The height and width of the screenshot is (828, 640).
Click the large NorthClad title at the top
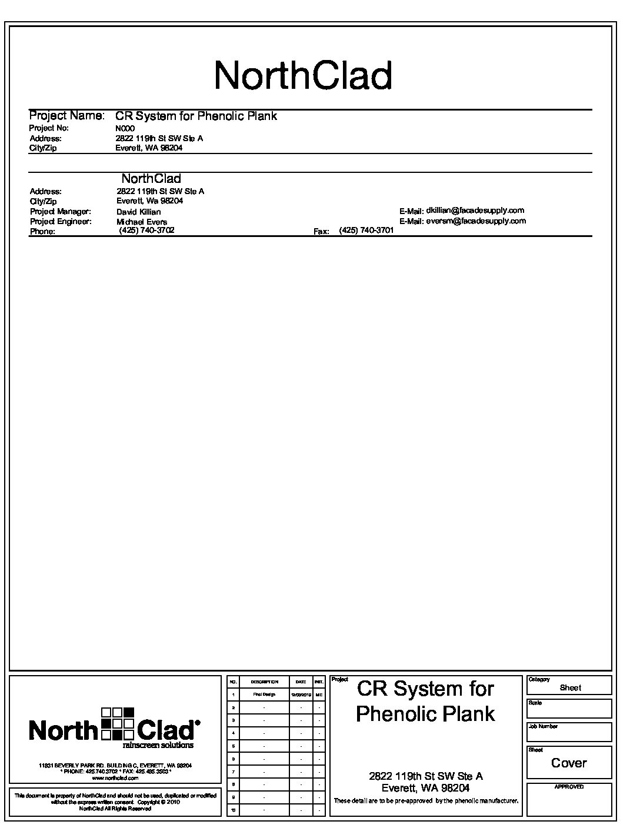click(303, 75)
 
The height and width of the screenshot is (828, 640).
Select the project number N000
click(125, 128)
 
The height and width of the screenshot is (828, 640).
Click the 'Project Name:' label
click(67, 116)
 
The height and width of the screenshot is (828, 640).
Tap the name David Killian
click(138, 212)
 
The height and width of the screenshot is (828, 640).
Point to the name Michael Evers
click(142, 222)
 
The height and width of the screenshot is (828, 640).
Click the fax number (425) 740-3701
click(366, 231)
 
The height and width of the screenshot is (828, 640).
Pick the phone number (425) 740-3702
click(146, 231)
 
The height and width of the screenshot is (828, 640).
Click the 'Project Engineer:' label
click(61, 222)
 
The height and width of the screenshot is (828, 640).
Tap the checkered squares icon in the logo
click(118, 723)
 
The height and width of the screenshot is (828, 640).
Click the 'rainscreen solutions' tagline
click(158, 745)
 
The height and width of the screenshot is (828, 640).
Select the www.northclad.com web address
click(115, 777)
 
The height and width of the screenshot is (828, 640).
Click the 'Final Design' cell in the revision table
click(264, 695)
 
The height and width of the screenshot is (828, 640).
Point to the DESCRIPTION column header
click(264, 682)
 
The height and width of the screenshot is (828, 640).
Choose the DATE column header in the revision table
click(301, 682)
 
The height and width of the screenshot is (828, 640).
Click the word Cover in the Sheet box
click(569, 763)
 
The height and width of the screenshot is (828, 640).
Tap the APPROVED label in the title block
click(569, 787)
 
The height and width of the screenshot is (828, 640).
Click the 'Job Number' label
click(543, 726)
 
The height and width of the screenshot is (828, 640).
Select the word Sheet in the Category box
click(570, 687)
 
